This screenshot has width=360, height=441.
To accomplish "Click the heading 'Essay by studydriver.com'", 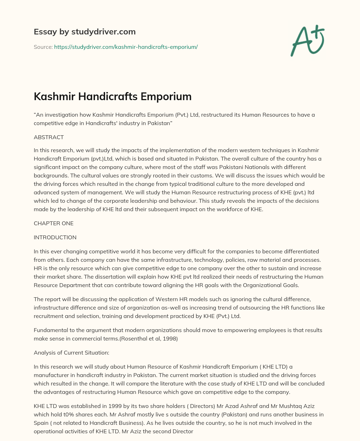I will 84,32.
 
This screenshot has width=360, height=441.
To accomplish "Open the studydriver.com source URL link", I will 126,47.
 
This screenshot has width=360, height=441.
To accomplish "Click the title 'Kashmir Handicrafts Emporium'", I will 112,96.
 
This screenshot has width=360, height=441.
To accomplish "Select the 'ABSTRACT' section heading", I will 49,137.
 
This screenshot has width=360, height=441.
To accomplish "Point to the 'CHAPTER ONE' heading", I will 53,223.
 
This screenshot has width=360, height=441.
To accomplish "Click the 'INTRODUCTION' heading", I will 55,238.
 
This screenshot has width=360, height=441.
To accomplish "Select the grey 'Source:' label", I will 43,47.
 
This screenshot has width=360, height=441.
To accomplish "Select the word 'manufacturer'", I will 50,375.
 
